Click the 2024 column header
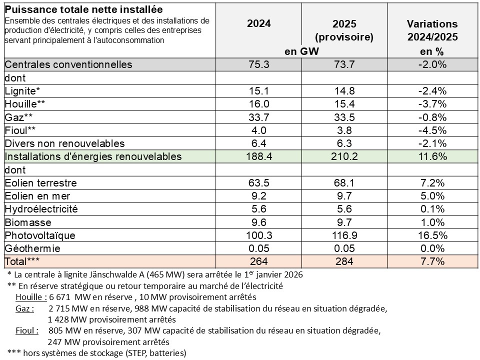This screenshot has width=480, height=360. tap(258, 24)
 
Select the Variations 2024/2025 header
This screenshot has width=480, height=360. tap(432, 30)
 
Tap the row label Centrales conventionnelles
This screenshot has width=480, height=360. tap(68, 64)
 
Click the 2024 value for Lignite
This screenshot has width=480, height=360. tap(258, 91)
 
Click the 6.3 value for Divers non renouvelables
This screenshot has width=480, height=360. tap(344, 143)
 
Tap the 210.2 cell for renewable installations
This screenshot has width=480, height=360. tap(344, 156)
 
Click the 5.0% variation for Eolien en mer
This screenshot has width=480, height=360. tap(432, 196)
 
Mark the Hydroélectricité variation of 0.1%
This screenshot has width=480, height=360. tap(432, 209)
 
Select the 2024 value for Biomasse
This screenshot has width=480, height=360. tap(258, 222)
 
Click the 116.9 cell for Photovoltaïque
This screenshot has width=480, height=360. tap(344, 235)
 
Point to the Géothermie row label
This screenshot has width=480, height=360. tap(32, 248)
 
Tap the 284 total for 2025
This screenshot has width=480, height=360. tap(344, 261)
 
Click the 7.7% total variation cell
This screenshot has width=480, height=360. tap(432, 261)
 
